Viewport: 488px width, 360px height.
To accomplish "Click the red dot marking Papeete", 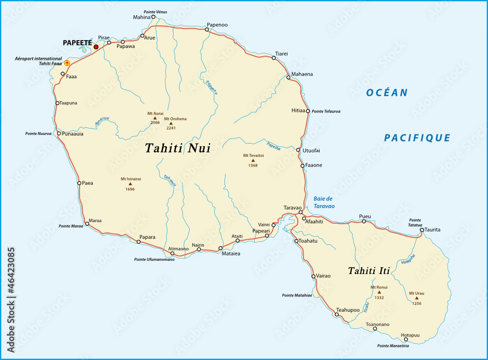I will tap(96, 47).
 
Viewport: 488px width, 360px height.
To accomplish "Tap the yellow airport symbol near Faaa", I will tap(67, 63).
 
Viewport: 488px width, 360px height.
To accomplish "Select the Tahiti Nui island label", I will tap(178, 148).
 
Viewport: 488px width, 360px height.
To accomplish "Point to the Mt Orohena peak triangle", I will tap(171, 124).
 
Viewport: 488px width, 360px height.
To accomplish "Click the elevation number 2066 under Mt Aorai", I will tap(155, 123).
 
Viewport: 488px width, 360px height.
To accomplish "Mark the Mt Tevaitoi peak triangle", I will tap(253, 160).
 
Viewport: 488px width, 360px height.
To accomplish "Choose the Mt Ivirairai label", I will tap(131, 179).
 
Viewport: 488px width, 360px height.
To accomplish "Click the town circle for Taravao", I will tap(301, 212).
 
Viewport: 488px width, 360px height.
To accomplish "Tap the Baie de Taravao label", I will tap(323, 202).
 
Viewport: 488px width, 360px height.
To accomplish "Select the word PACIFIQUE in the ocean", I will tap(417, 138).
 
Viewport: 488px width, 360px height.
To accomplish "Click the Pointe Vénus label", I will tap(156, 11).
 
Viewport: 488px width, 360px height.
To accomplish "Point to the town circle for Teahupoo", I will tap(337, 315).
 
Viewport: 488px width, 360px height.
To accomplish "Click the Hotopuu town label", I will tap(410, 335).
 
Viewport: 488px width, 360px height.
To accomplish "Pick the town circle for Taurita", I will tap(422, 230).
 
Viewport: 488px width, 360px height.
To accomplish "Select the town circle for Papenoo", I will tap(207, 30).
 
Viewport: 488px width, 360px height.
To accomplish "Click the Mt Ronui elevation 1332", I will tap(379, 297).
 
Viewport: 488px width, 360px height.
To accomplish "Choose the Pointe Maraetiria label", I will tap(393, 346).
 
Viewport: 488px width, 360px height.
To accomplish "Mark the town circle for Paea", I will tap(79, 183).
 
